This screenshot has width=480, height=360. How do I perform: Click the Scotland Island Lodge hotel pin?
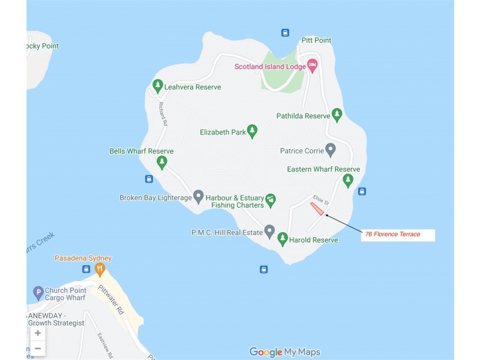312,65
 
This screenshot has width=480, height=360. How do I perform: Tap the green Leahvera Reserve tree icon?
157,86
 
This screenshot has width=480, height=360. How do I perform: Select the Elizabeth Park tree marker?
253,131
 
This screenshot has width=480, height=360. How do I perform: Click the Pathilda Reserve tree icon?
337,115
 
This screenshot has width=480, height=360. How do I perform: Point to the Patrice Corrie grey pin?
330,149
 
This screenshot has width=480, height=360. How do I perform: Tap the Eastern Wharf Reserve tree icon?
348,180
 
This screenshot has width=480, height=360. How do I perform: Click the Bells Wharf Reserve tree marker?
161,162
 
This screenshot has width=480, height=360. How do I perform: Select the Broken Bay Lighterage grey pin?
199,196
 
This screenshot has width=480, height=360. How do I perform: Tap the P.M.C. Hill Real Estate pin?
269,230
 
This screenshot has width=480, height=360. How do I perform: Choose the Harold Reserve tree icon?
283,239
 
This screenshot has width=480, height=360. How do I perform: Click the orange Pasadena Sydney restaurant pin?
100,269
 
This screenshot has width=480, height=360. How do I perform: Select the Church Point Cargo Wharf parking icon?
38,293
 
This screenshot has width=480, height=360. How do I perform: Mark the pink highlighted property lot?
317,209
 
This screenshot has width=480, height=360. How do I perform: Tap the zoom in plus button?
38,333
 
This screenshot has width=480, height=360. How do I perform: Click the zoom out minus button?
38,348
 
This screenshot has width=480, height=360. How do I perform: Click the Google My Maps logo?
284,352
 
